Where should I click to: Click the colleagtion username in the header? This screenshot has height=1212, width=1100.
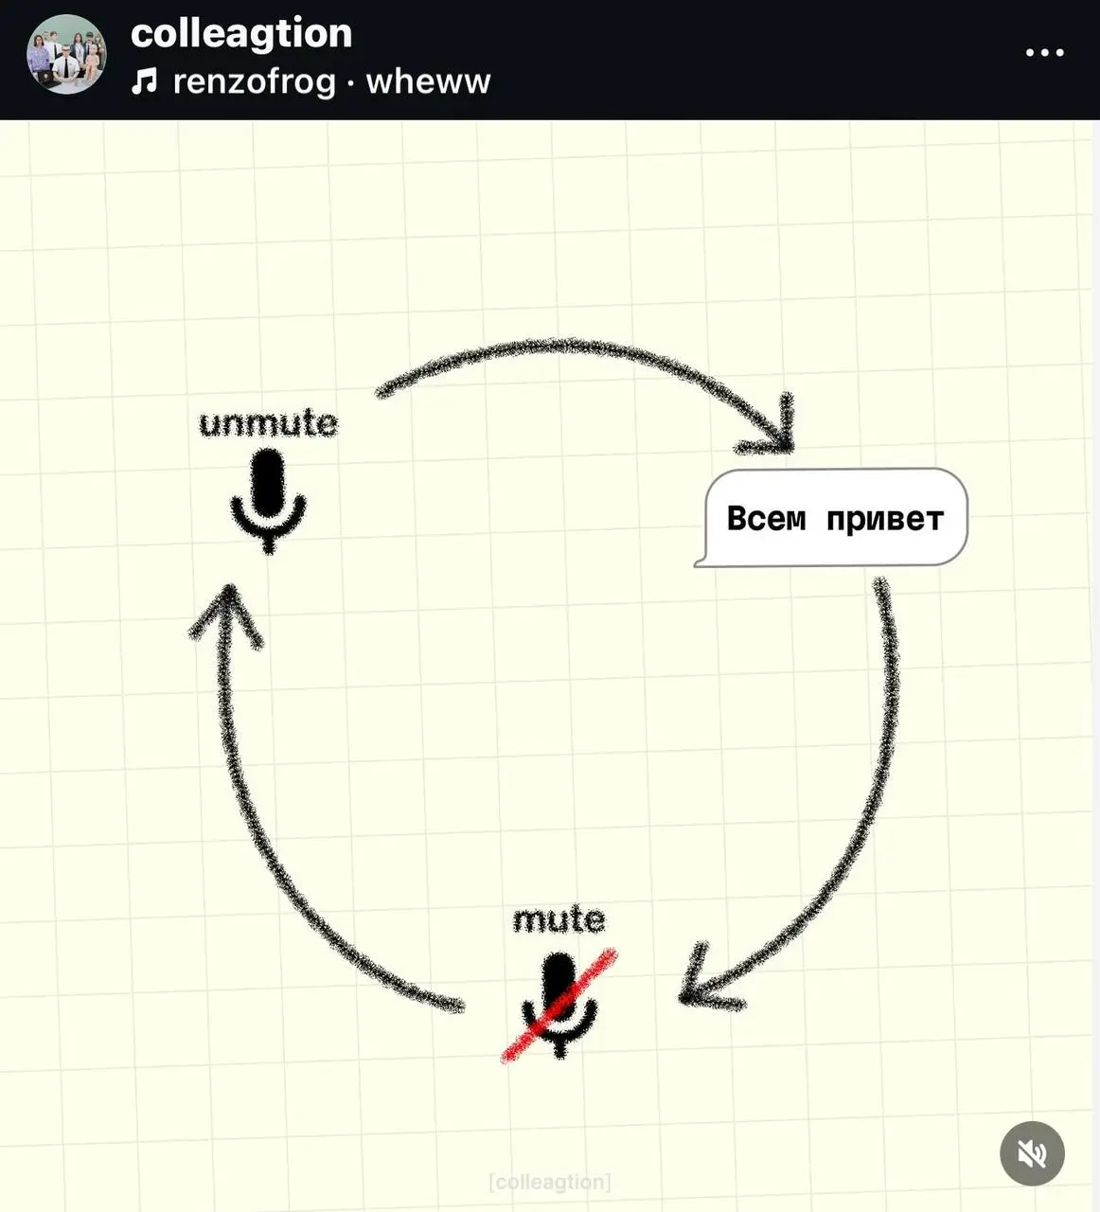pyautogui.click(x=241, y=34)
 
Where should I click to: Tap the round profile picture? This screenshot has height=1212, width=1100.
pyautogui.click(x=66, y=54)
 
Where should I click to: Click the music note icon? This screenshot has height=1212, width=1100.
pyautogui.click(x=145, y=81)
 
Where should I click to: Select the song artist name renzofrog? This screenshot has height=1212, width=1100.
pyautogui.click(x=255, y=81)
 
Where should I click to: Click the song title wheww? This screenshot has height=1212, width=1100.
pyautogui.click(x=428, y=81)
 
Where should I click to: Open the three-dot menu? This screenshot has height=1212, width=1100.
pyautogui.click(x=1044, y=53)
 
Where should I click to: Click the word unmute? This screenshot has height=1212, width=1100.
pyautogui.click(x=268, y=423)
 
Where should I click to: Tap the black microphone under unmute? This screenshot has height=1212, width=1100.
pyautogui.click(x=268, y=501)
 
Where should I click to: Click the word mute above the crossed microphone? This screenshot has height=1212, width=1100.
pyautogui.click(x=559, y=919)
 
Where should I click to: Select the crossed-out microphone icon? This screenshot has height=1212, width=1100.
pyautogui.click(x=559, y=1006)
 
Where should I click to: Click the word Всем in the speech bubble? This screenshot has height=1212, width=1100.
pyautogui.click(x=766, y=518)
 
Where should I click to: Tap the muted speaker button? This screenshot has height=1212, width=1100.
pyautogui.click(x=1032, y=1153)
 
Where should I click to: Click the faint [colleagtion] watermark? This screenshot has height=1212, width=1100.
pyautogui.click(x=550, y=1182)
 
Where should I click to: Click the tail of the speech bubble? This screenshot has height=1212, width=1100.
pyautogui.click(x=700, y=562)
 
